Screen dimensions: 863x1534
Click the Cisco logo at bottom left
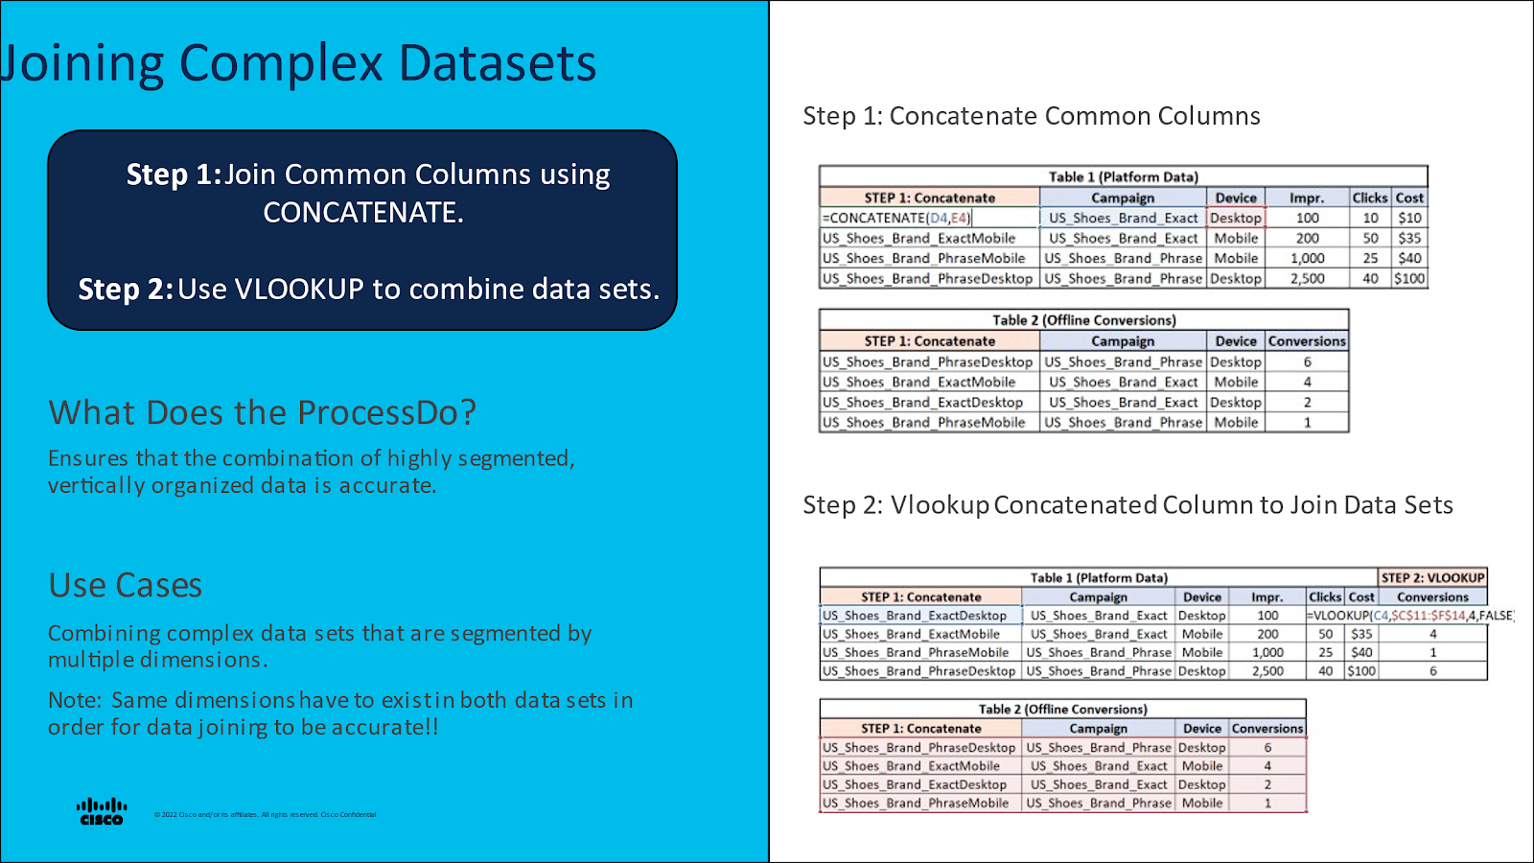(x=102, y=811)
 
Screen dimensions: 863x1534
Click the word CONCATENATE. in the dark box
(x=363, y=213)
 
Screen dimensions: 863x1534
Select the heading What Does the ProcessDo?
(x=262, y=412)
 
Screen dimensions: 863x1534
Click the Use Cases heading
(x=126, y=585)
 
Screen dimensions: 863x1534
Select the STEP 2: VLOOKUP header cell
(x=1432, y=577)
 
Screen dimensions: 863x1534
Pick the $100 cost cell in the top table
(x=1408, y=279)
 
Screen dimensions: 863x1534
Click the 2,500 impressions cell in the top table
(x=1307, y=279)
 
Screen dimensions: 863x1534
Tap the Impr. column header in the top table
(x=1307, y=198)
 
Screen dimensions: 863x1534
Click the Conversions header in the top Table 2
(x=1307, y=341)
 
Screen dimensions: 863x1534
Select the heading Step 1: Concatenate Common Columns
(x=1032, y=116)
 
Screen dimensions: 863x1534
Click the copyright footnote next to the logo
(x=266, y=815)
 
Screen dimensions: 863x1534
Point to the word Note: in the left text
(x=75, y=701)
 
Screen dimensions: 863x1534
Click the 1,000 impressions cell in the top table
(x=1307, y=259)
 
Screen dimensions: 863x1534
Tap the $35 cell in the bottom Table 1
(x=1361, y=634)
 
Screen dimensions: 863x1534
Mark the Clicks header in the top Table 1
(x=1369, y=198)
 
